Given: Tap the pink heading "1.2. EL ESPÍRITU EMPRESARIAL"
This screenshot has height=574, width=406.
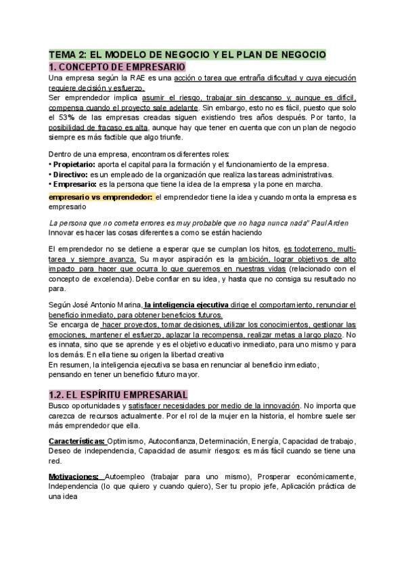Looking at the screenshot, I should coord(118,394).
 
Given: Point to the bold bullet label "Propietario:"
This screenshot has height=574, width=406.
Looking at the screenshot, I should coord(74,164).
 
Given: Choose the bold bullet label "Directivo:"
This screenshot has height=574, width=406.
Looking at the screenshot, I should coord(70,175).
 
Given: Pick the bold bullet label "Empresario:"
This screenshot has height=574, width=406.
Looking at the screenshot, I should coord(74,184).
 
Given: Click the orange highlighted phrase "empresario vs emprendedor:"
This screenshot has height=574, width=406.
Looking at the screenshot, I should coord(100,197).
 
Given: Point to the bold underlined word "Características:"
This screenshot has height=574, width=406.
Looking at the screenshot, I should coord(76,441).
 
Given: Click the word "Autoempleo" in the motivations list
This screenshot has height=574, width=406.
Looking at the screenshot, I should coord(126,477).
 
